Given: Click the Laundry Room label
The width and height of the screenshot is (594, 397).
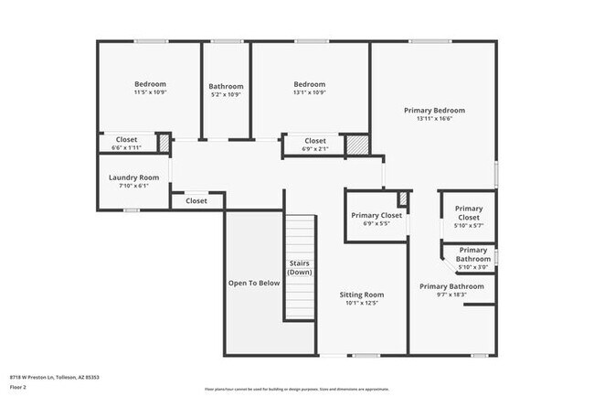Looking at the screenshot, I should pos(133,177).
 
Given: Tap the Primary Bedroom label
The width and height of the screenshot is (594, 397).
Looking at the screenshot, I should pos(434,111).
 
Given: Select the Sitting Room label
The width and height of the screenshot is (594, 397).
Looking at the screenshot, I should pos(361,295).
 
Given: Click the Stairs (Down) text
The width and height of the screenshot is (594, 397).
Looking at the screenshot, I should pos(300,267).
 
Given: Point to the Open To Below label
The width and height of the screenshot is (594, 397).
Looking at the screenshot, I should pos(253,284).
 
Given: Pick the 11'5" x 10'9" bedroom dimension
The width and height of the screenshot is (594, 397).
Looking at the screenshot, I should pos(150,92).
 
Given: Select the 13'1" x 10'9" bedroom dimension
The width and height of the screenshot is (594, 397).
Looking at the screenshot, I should pos(310,92).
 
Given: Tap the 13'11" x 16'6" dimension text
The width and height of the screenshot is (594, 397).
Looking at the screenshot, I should pos(434,119).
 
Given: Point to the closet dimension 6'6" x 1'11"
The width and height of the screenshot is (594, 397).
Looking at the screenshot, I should pos(126,147).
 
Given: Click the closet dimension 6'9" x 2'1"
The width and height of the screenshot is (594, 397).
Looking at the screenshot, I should pos(314,148).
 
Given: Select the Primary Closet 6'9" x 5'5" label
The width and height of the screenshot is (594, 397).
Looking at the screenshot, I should pos(376,222).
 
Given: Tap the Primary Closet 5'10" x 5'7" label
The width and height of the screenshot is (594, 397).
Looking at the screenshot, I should pos(468,224).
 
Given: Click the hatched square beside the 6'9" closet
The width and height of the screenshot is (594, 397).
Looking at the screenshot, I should pos(356,145).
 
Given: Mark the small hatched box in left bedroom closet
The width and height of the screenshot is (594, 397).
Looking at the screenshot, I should pos(164,144).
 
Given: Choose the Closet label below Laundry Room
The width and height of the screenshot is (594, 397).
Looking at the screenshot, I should pos(196,200).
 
